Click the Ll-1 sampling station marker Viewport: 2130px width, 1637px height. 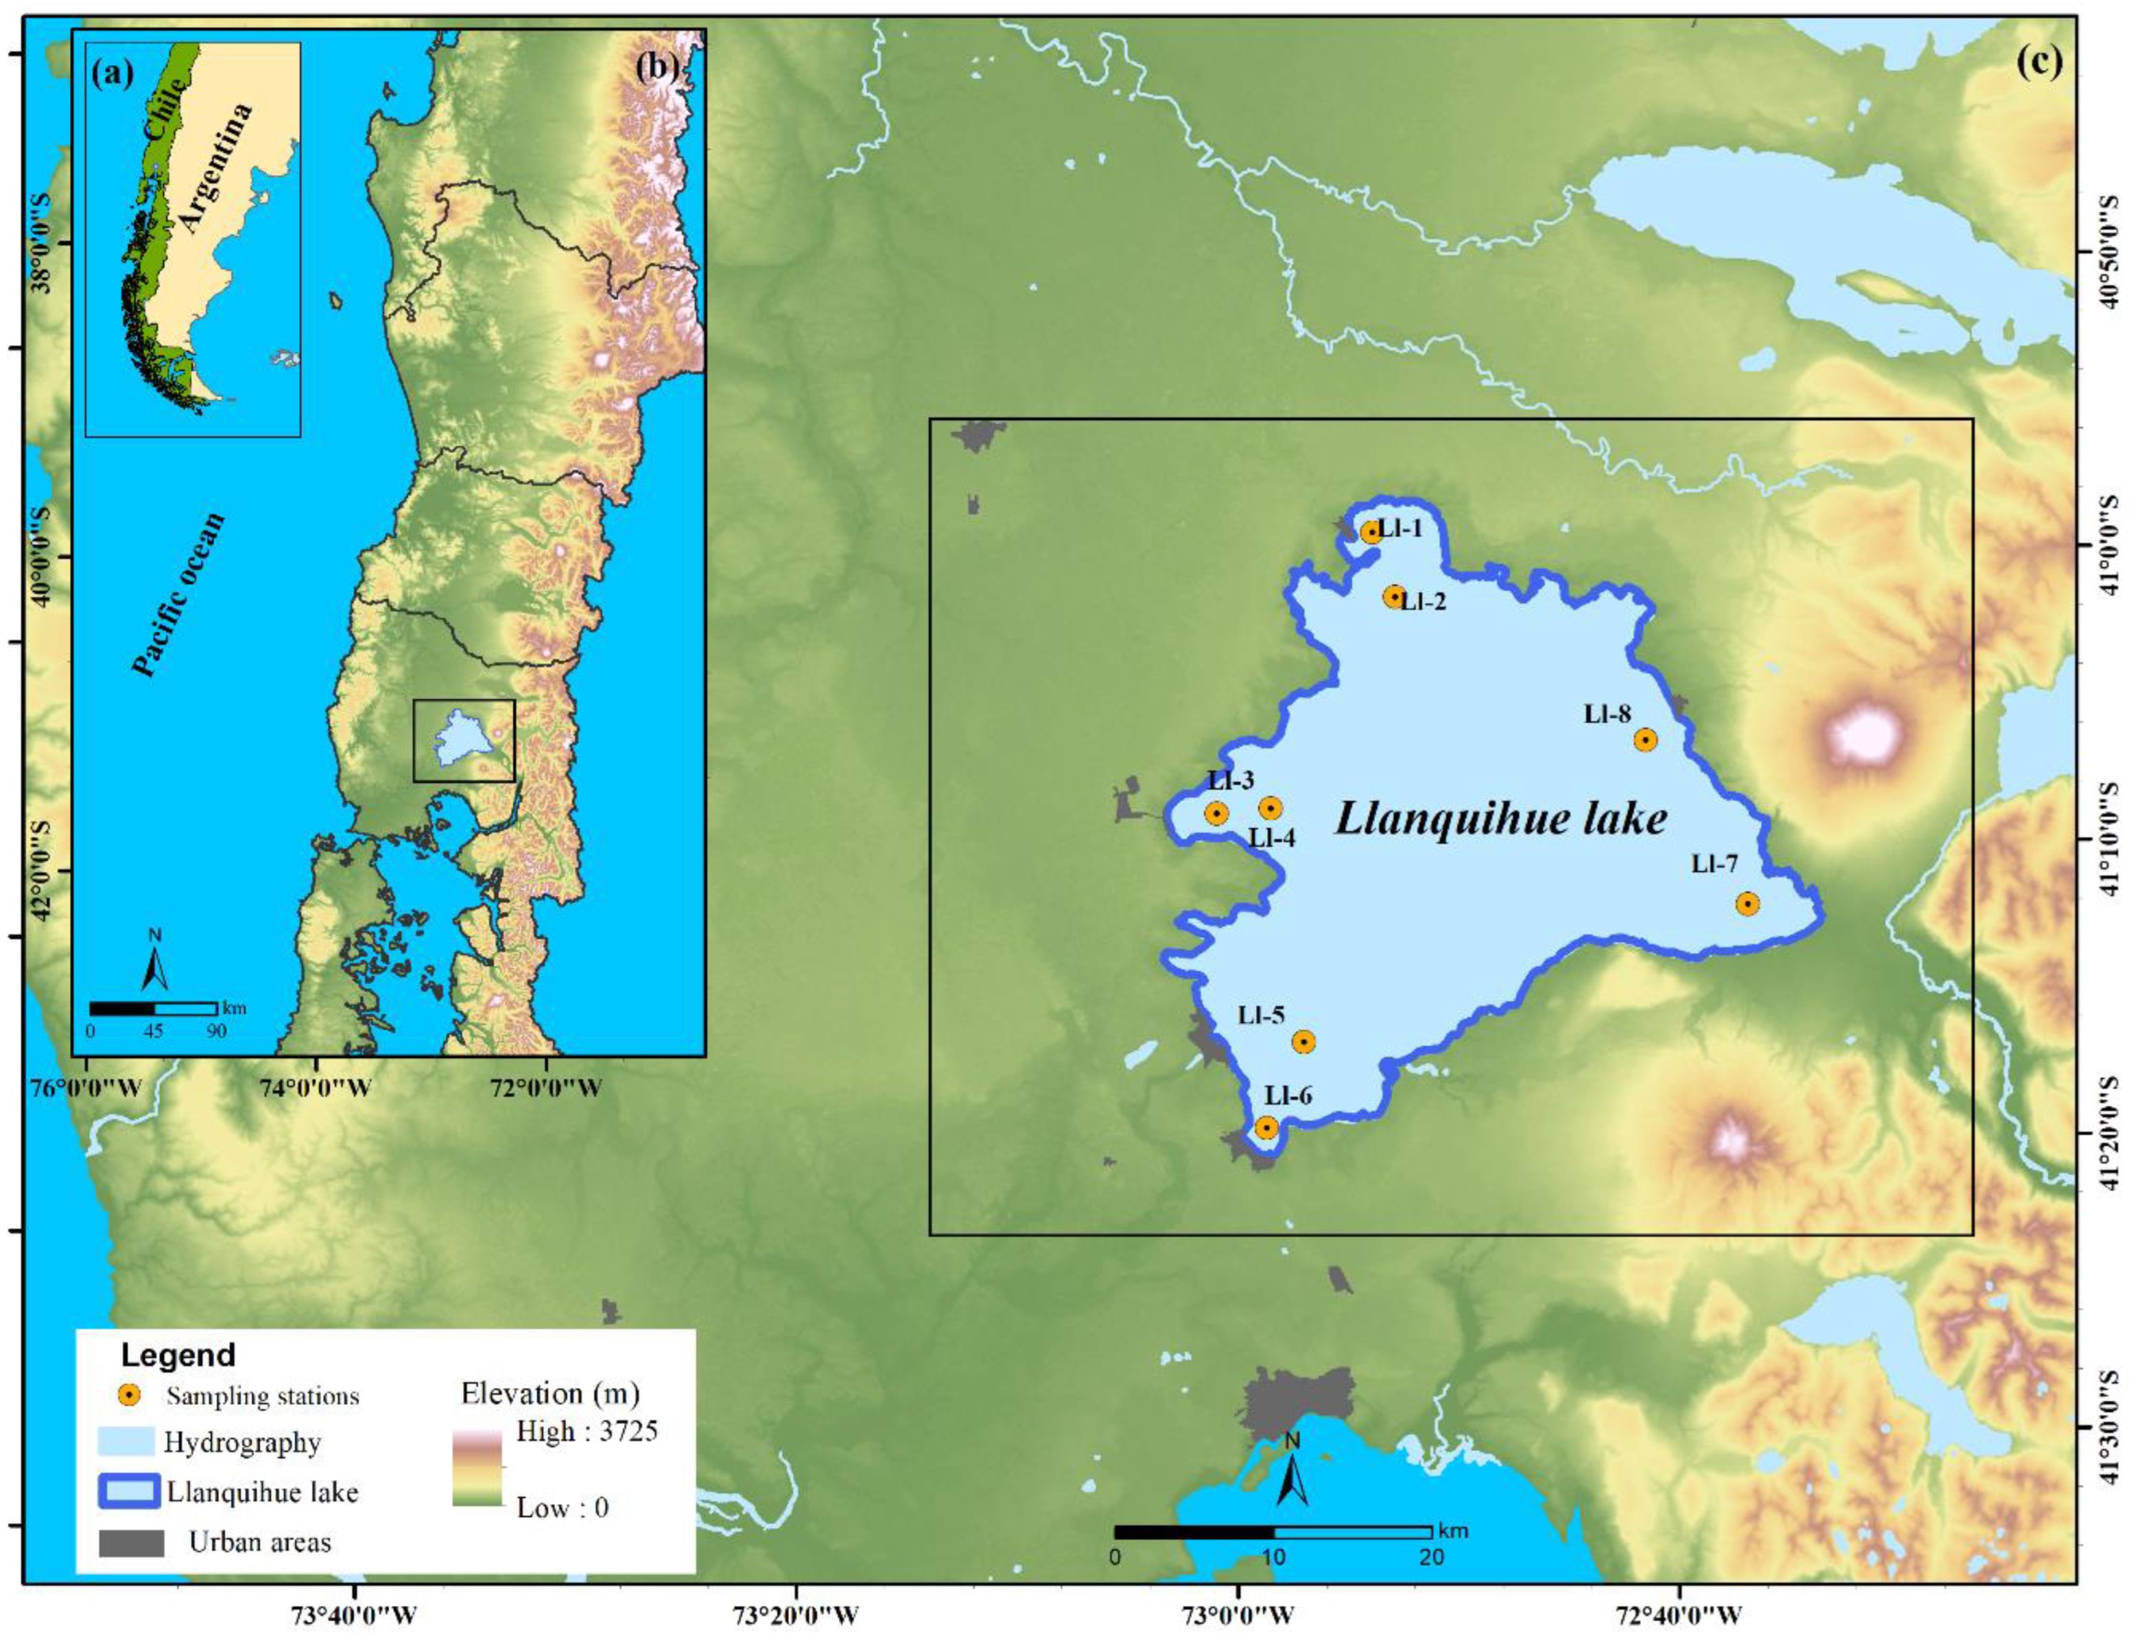pos(1371,532)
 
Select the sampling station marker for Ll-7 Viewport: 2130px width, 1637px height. pos(1747,904)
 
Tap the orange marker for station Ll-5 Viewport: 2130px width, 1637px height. pos(1303,1041)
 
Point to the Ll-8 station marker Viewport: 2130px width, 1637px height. pos(1645,740)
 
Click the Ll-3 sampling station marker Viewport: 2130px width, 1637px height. pos(1216,812)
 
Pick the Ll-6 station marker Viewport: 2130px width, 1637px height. pos(1266,1127)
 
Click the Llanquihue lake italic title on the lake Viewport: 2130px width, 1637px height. pos(1500,818)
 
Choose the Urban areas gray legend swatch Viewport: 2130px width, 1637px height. pos(130,1542)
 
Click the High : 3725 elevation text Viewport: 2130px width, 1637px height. pos(587,1430)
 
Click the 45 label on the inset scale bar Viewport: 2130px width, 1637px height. pos(153,1030)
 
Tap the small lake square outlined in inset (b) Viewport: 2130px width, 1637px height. pos(464,740)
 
